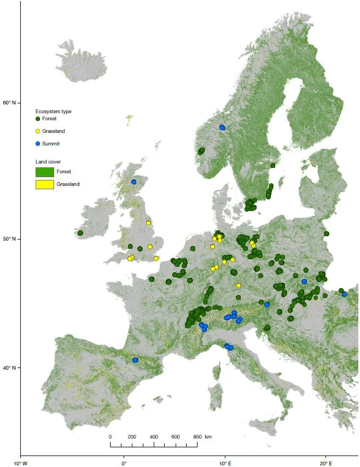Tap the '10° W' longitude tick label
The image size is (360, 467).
[x=20, y=463]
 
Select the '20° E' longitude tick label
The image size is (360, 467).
[x=326, y=463]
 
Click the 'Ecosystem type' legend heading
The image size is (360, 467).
[x=54, y=112]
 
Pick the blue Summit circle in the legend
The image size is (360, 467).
[x=38, y=144]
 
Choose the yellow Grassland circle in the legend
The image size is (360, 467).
[x=38, y=131]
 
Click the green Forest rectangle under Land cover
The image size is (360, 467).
[x=45, y=172]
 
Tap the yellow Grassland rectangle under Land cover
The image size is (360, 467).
[x=45, y=184]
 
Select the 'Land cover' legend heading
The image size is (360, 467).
[x=48, y=162]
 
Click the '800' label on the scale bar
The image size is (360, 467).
[x=196, y=437]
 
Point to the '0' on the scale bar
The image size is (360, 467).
[x=110, y=437]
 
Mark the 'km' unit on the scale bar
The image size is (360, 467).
[x=208, y=437]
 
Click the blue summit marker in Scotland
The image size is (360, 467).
[x=133, y=182]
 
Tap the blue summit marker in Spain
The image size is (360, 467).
[x=135, y=360]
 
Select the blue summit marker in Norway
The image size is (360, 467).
[x=222, y=127]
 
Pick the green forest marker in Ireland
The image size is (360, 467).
[x=80, y=233]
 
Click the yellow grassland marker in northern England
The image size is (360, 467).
[x=148, y=223]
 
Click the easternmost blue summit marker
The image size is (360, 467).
[x=345, y=294]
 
